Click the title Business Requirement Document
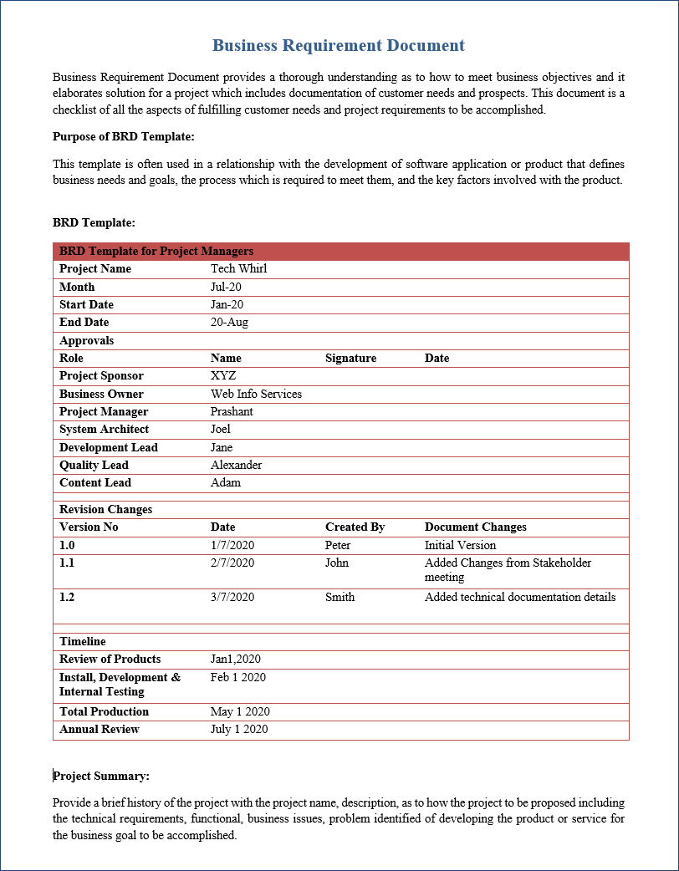338,45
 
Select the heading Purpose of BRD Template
123,136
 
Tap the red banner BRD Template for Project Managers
156,251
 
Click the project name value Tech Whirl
238,268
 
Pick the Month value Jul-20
227,287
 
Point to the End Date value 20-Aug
229,322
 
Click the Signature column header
350,358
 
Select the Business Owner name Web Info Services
256,394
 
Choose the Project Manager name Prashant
232,411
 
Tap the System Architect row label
104,429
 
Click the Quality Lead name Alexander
236,465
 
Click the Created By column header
355,527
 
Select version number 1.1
67,563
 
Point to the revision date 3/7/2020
232,597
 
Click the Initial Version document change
460,545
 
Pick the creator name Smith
339,597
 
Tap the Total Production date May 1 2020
240,711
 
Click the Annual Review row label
99,729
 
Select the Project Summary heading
101,776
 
